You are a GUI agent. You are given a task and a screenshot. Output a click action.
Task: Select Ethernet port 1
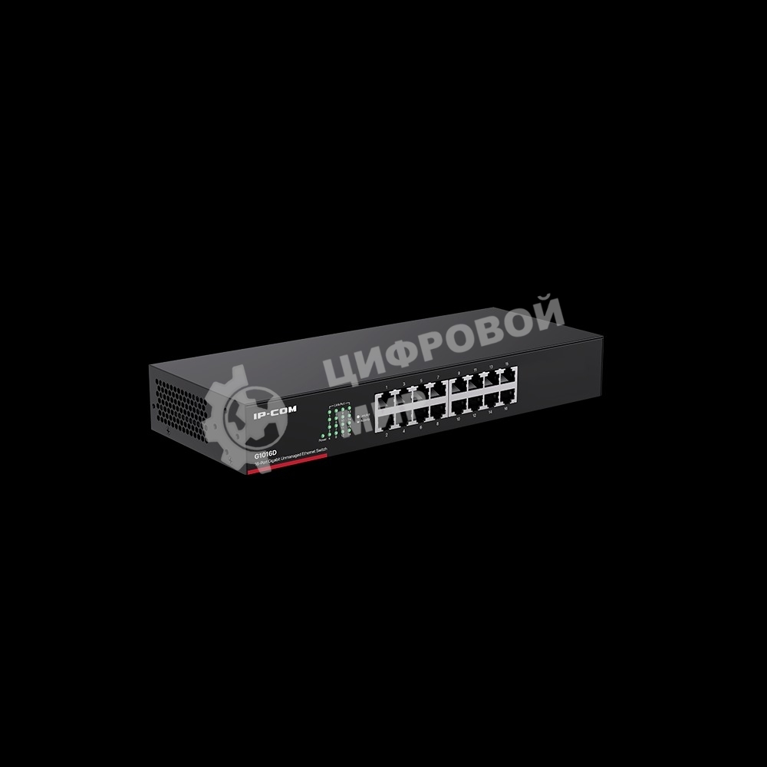point(387,397)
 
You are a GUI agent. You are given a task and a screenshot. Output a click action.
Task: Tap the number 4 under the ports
point(403,432)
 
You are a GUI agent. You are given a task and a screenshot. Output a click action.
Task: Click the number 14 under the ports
point(490,414)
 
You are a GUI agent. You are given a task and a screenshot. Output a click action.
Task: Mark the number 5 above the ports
point(421,379)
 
